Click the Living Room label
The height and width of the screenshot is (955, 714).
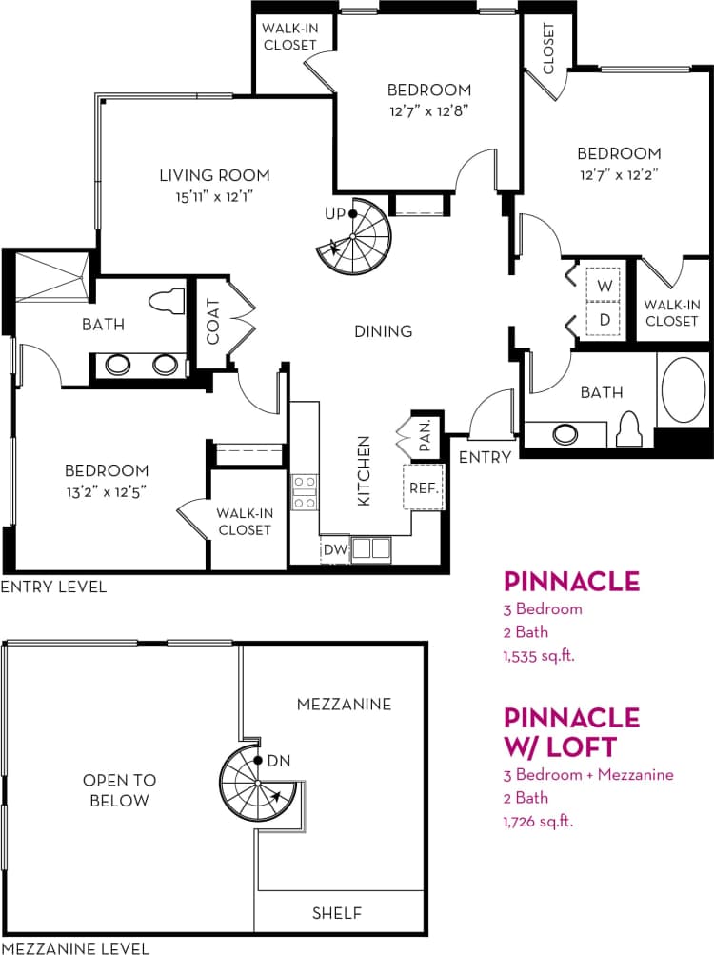(214, 175)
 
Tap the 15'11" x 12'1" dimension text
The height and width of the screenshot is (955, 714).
(214, 196)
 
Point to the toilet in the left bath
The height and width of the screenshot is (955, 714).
(169, 300)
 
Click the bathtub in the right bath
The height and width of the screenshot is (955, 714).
(684, 389)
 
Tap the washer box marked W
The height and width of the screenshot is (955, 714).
(604, 285)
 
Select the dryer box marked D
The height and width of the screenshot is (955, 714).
(604, 319)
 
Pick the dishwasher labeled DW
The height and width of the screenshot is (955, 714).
(334, 549)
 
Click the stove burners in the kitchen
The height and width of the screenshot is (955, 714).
(305, 492)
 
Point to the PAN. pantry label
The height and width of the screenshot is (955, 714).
(424, 434)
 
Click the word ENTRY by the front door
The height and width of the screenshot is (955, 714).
(485, 457)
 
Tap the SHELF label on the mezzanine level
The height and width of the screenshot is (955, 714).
(337, 913)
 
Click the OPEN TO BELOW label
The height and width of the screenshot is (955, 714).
(119, 790)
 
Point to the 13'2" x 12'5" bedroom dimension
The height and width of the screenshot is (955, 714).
(107, 490)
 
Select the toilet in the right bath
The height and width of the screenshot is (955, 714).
(628, 430)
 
